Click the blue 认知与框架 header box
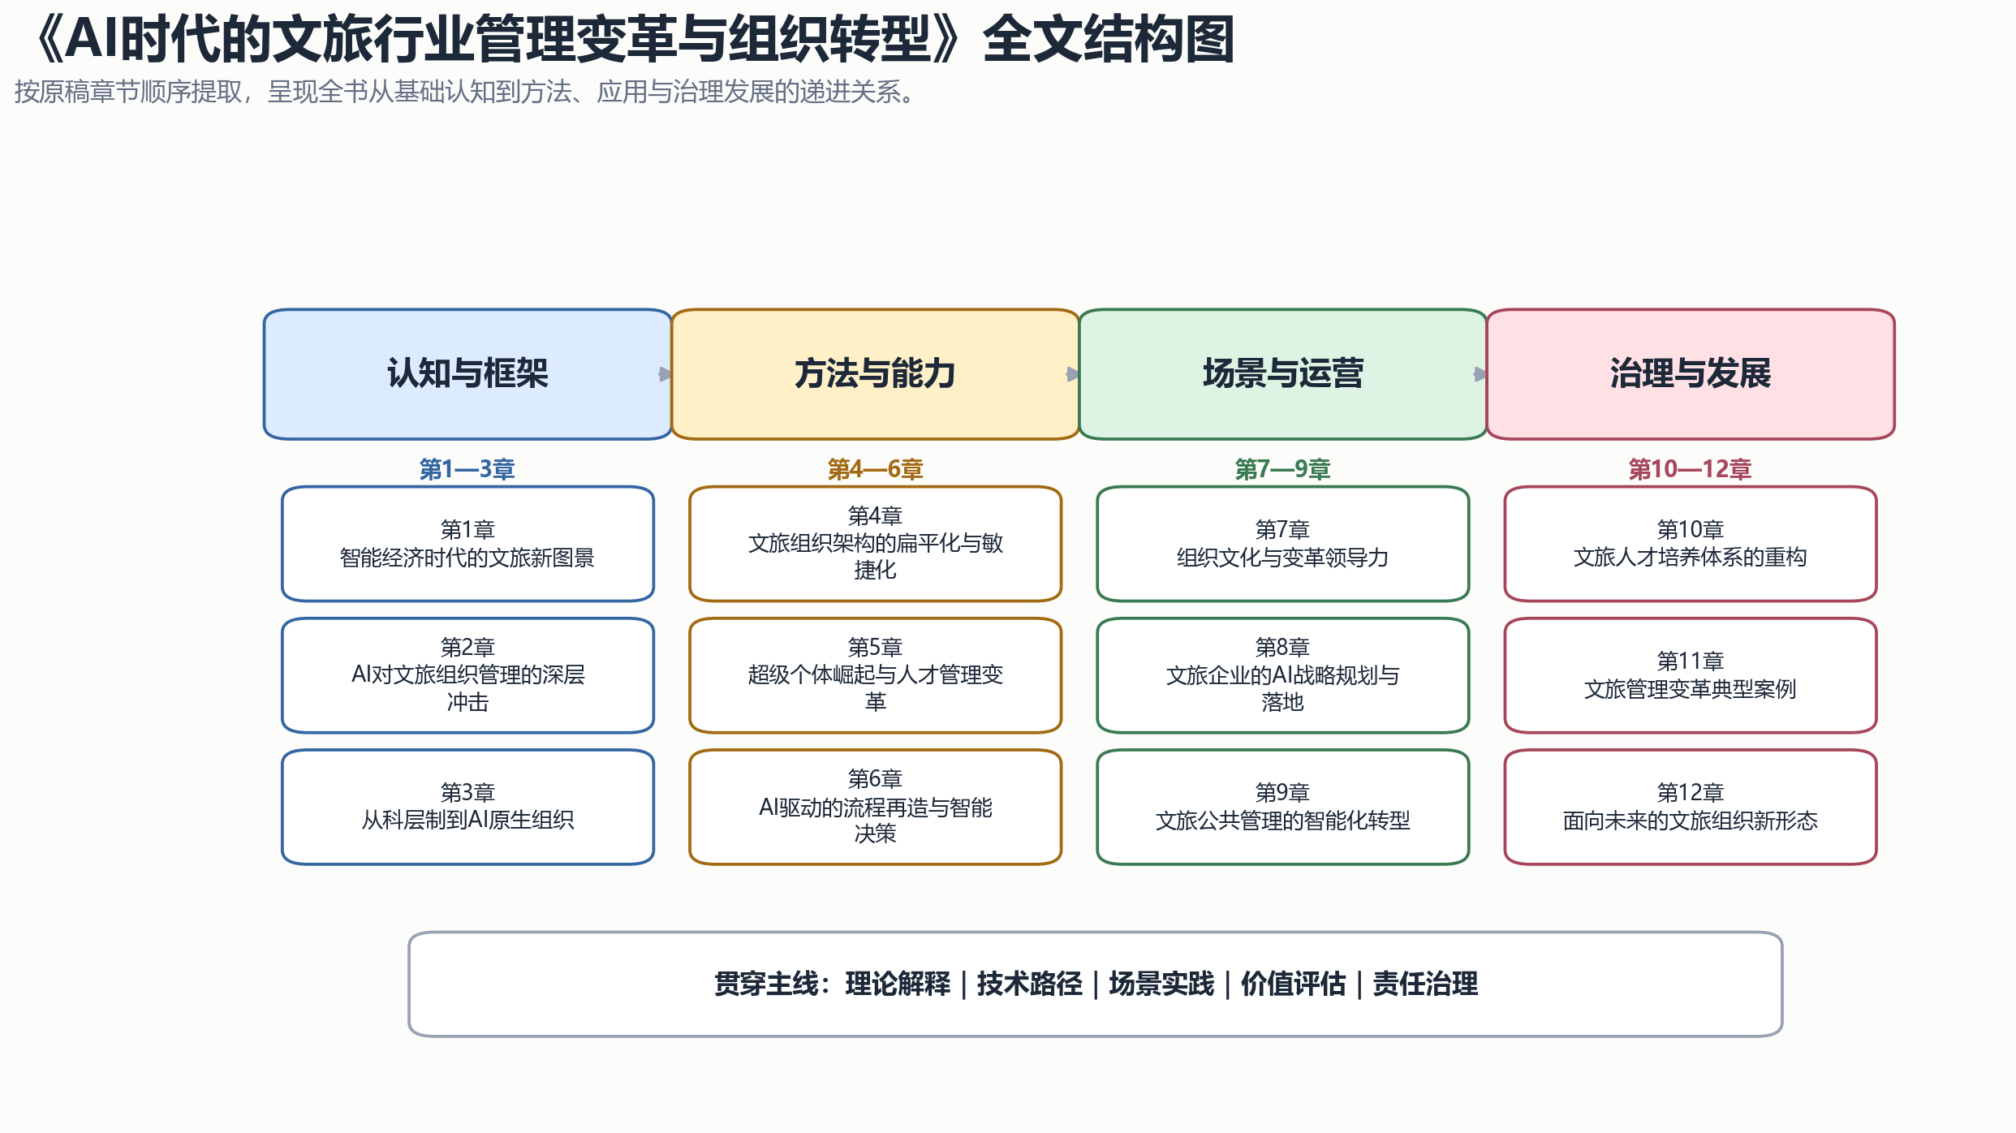(x=467, y=374)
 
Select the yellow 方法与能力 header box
(x=875, y=374)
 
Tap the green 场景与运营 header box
(x=1282, y=374)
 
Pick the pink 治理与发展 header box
(x=1691, y=374)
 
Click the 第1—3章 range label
(x=467, y=469)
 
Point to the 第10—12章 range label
(x=1691, y=469)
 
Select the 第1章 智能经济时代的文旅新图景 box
(x=467, y=544)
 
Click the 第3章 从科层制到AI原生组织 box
(x=467, y=807)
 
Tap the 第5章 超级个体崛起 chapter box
(x=875, y=675)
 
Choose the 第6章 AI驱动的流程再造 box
(x=875, y=807)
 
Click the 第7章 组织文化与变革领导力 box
(x=1282, y=544)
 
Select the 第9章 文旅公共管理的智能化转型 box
(x=1282, y=807)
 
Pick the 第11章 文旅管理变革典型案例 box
(x=1691, y=675)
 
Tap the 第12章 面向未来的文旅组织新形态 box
(x=1691, y=807)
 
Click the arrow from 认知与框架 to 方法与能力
(x=666, y=374)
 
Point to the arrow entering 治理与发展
(x=1480, y=374)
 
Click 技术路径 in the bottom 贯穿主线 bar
(x=1029, y=984)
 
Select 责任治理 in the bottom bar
(x=1425, y=984)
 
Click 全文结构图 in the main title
(x=1109, y=39)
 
